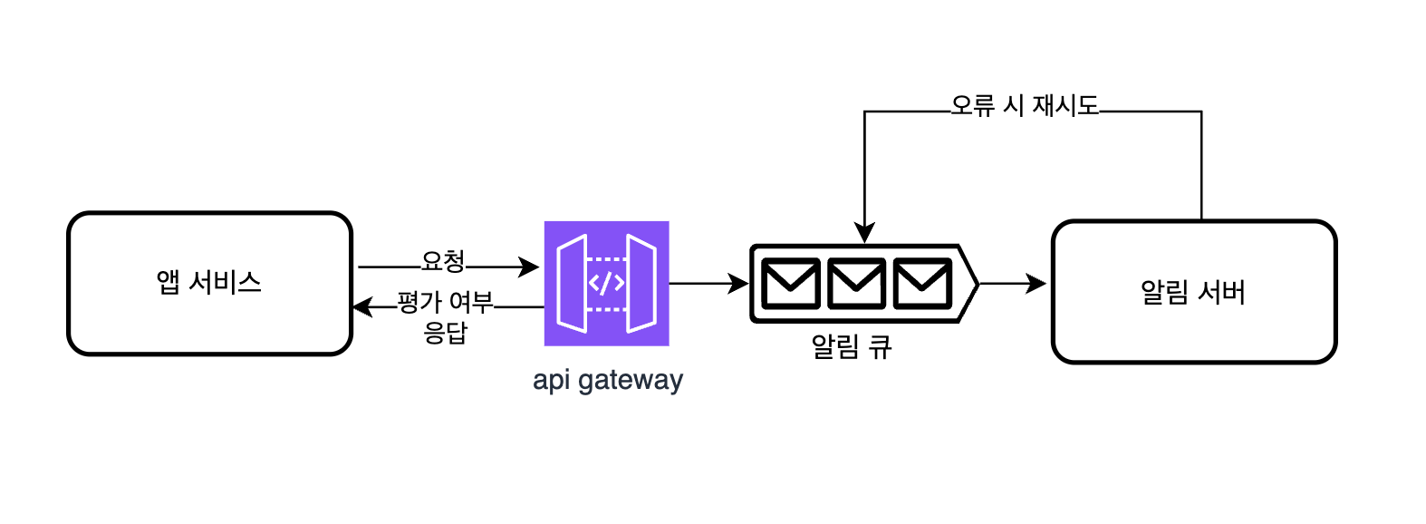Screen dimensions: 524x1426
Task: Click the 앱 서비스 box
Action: coord(209,284)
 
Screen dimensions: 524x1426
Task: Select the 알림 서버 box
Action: coord(1193,292)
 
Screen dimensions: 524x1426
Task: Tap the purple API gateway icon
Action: coord(606,283)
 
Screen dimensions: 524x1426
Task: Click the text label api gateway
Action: coord(607,379)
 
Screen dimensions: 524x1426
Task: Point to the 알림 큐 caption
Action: coord(851,346)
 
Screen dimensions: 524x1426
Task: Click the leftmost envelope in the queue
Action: coord(790,284)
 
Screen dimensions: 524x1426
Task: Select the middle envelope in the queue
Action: coord(856,284)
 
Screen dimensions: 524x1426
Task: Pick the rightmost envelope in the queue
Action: coord(922,284)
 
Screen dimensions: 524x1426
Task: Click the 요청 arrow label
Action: coord(442,262)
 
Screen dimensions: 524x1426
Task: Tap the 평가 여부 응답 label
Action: coord(445,316)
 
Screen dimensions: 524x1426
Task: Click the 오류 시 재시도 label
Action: coord(1025,106)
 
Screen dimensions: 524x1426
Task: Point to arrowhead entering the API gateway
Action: coord(529,267)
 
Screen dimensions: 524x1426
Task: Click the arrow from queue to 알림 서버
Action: coord(1012,284)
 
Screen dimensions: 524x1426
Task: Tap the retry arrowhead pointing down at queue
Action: coord(864,233)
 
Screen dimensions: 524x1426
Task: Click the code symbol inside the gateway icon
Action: coord(606,284)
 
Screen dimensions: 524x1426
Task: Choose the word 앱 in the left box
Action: coord(168,283)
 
